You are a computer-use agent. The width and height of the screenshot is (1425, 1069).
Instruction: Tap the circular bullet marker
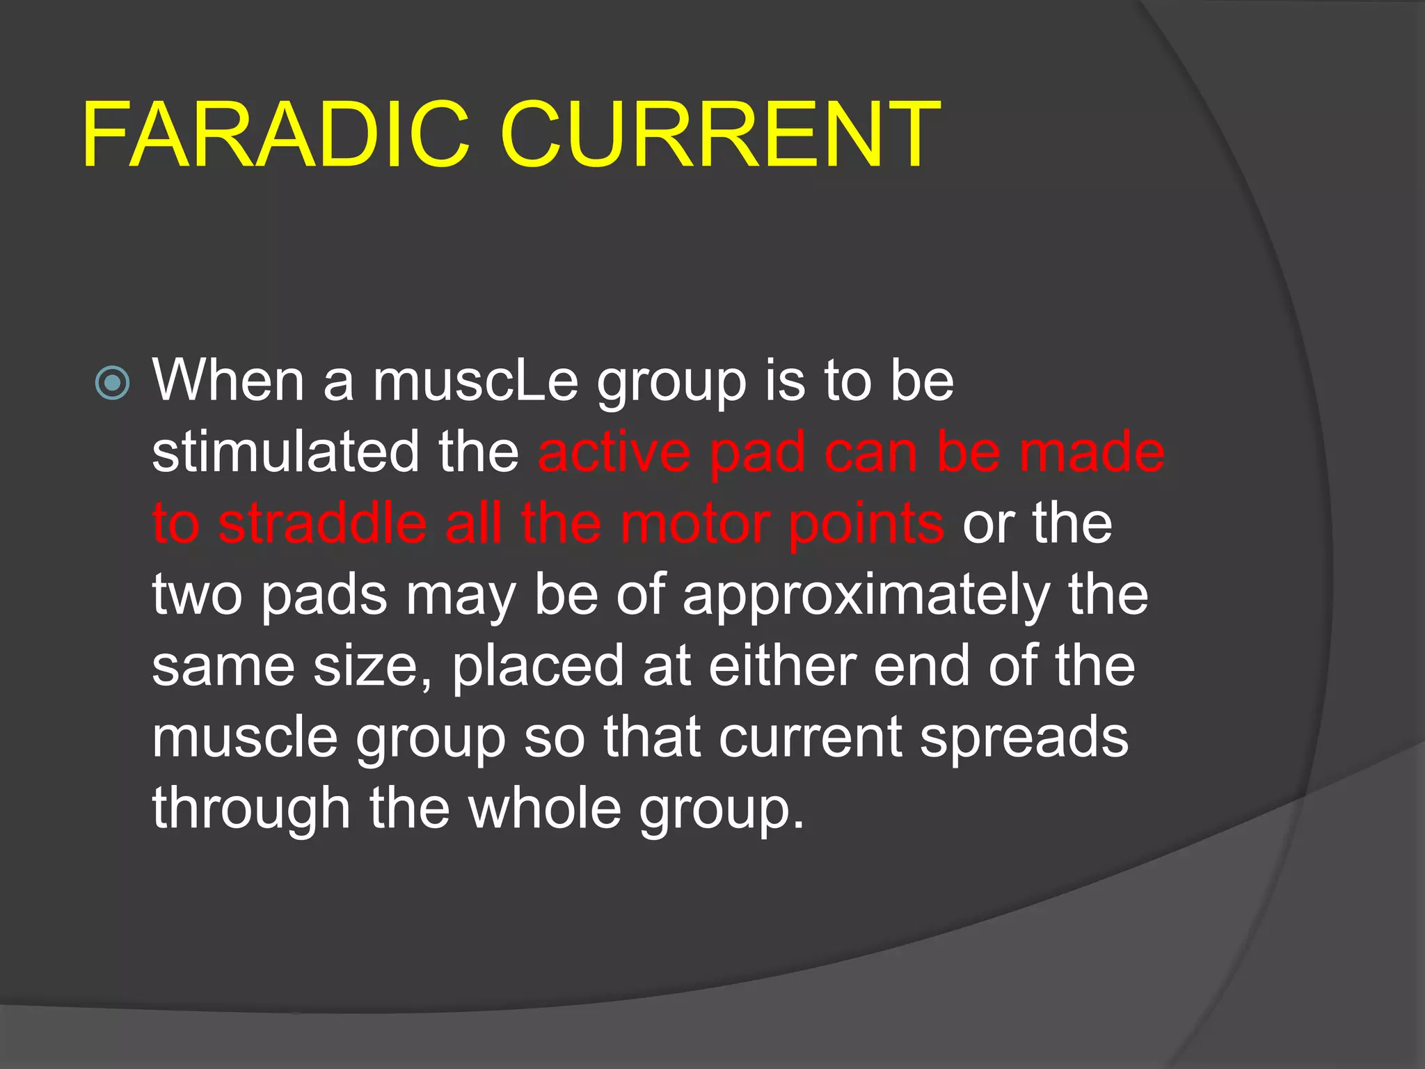112,383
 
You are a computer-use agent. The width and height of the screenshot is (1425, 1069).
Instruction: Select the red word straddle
322,523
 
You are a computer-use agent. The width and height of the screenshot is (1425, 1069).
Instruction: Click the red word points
866,523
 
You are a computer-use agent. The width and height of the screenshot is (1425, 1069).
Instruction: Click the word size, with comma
373,666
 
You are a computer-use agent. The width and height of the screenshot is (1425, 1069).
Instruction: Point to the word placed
538,666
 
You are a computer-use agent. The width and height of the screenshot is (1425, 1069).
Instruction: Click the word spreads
1024,738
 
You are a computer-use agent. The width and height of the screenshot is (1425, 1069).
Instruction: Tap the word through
251,808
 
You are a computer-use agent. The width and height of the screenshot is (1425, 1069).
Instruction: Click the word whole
545,808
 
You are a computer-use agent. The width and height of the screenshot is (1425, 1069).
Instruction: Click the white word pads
324,595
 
